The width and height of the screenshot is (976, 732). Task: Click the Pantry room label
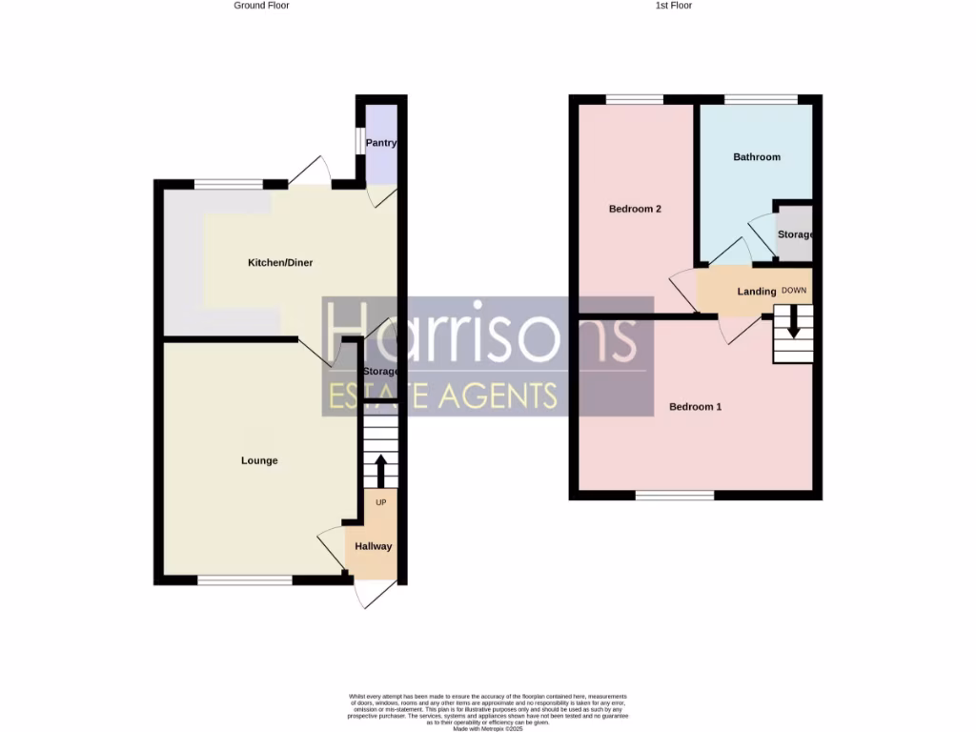click(381, 144)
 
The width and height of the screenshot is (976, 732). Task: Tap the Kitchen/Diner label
click(280, 263)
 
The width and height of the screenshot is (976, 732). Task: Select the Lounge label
click(259, 461)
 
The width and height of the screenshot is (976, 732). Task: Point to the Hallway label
click(374, 547)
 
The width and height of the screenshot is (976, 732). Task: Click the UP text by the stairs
click(380, 501)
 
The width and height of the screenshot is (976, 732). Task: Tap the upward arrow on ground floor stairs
click(380, 471)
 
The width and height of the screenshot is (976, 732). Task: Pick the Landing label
click(757, 292)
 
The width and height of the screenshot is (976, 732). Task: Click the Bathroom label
click(757, 157)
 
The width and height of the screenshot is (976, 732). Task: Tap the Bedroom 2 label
click(636, 210)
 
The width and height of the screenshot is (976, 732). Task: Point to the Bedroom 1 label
click(695, 407)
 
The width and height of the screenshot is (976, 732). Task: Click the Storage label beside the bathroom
click(795, 234)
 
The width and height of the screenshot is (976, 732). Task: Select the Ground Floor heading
click(261, 6)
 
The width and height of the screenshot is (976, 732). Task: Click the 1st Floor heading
click(673, 6)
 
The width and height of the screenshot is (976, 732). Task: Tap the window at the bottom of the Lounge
click(245, 579)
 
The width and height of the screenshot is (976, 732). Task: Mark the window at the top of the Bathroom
click(761, 99)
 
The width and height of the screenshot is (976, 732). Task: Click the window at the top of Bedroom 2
click(635, 99)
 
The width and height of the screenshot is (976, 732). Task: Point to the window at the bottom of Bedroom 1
click(675, 495)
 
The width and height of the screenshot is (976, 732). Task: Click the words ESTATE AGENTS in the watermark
click(442, 396)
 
